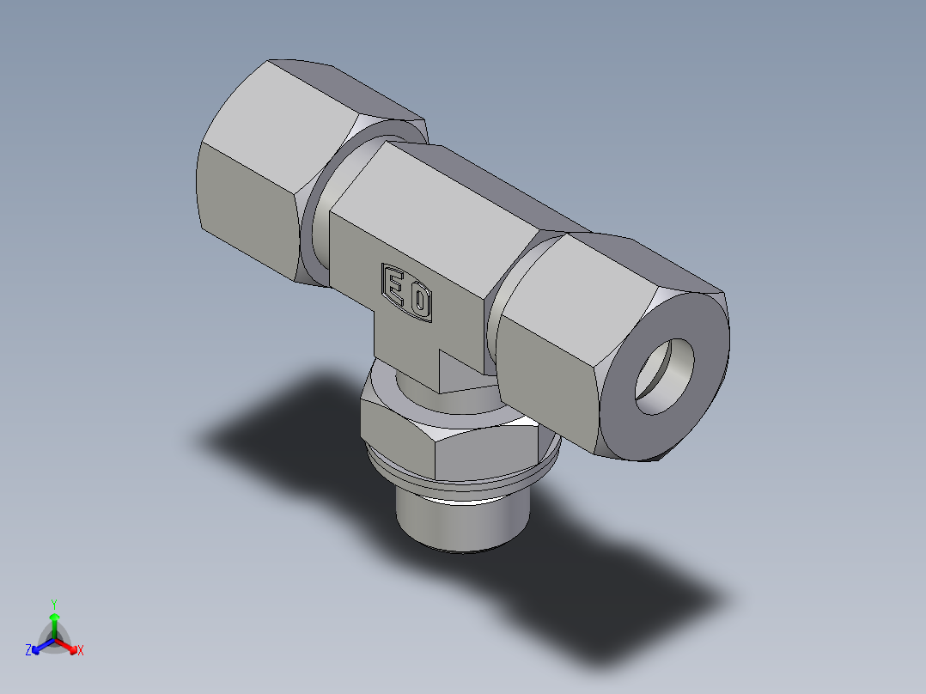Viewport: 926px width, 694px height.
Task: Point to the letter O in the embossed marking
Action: tap(419, 300)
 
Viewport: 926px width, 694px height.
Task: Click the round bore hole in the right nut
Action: tap(665, 375)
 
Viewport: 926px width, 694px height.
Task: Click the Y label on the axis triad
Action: tap(53, 603)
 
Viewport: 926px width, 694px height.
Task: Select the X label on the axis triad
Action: tap(80, 651)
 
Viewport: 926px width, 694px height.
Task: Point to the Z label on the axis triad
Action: tap(28, 651)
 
